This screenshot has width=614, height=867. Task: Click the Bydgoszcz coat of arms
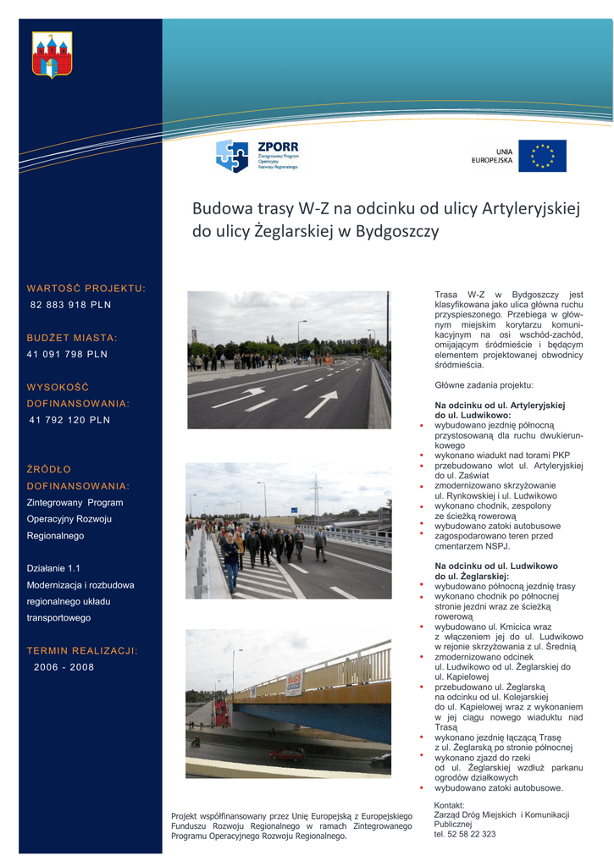tap(52, 55)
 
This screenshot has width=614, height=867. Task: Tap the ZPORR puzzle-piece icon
tap(232, 156)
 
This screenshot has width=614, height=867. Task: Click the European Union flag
tap(542, 156)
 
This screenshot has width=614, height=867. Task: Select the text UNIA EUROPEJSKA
tap(492, 156)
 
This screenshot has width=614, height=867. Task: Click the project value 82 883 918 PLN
tap(70, 305)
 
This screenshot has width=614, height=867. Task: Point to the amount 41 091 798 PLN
tap(68, 354)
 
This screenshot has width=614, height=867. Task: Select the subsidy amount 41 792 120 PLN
tap(69, 419)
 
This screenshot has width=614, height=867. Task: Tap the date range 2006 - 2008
tap(64, 667)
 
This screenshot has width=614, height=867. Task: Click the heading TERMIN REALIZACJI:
tap(82, 650)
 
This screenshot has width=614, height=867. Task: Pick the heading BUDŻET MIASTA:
tap(72, 338)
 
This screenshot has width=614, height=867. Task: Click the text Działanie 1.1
tap(53, 568)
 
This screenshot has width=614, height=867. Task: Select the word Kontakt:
tap(449, 804)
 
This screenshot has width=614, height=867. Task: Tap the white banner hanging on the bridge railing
tap(294, 682)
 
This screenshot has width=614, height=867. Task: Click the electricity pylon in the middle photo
tap(315, 495)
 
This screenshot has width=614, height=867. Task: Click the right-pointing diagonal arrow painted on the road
tap(321, 404)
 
